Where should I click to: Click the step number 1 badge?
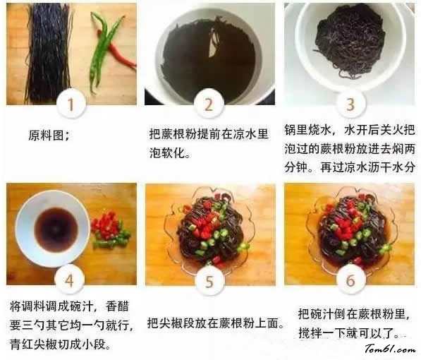(71, 104)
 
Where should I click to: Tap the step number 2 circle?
(209, 104)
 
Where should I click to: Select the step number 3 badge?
(350, 104)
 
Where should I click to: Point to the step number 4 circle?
(69, 281)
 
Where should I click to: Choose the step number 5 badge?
(209, 281)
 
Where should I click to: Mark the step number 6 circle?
(350, 280)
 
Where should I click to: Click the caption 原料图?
(49, 136)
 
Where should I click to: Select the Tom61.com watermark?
(389, 349)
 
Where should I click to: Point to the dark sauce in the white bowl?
(56, 229)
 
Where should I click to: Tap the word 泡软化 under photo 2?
(167, 153)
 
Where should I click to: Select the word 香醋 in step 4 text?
(118, 306)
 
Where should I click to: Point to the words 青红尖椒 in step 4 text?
(32, 344)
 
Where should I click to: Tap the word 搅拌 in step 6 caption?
(310, 333)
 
